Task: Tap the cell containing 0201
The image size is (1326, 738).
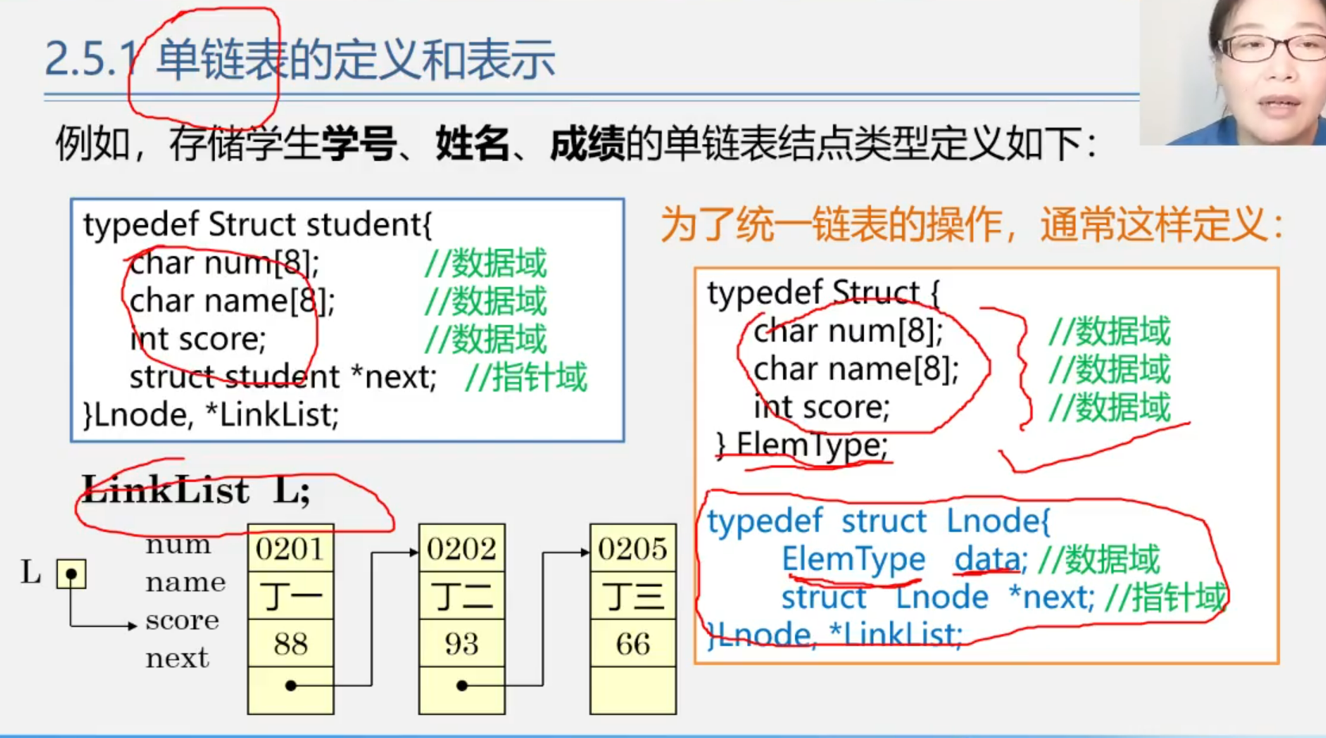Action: pyautogui.click(x=290, y=549)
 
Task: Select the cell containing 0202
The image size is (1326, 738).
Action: pyautogui.click(x=461, y=549)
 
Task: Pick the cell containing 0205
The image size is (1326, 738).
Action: pyautogui.click(x=632, y=549)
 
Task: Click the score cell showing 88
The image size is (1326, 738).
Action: pyautogui.click(x=290, y=644)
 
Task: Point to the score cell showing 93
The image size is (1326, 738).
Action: pyautogui.click(x=461, y=644)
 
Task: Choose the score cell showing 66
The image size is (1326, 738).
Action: pyautogui.click(x=632, y=644)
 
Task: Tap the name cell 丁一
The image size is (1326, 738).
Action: pyautogui.click(x=290, y=596)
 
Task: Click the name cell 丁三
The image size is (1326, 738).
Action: pyautogui.click(x=632, y=596)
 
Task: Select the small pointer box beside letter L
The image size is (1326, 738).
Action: pyautogui.click(x=71, y=573)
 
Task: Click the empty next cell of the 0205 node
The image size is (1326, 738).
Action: pyautogui.click(x=632, y=690)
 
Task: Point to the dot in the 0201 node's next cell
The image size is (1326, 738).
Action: pyautogui.click(x=291, y=686)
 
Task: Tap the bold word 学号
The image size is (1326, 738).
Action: pyautogui.click(x=358, y=145)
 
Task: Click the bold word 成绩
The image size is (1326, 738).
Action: pyautogui.click(x=587, y=145)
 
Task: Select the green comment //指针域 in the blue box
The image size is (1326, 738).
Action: pyautogui.click(x=525, y=377)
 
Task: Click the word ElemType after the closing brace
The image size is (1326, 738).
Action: pyautogui.click(x=812, y=445)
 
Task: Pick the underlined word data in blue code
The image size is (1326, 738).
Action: pyautogui.click(x=988, y=560)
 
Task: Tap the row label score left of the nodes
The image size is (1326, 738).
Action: pyautogui.click(x=182, y=621)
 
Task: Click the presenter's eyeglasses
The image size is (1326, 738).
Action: pyautogui.click(x=1268, y=48)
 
